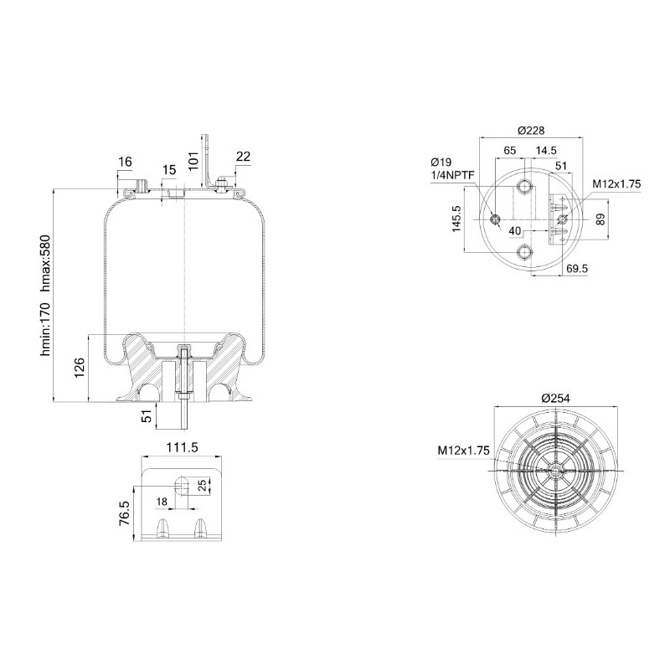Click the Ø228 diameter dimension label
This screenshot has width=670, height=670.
[x=531, y=131]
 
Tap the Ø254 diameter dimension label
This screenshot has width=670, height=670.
[x=555, y=399]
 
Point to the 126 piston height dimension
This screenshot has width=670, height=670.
[x=80, y=368]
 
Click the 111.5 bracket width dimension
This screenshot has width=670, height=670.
[x=182, y=447]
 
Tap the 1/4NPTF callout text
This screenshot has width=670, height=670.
[x=452, y=175]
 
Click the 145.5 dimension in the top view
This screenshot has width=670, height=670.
[x=456, y=219]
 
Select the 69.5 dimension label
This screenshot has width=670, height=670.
[x=577, y=268]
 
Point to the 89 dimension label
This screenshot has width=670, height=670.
[x=600, y=219]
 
